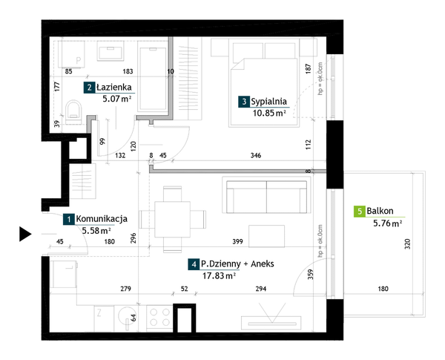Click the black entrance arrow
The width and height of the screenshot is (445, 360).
25,234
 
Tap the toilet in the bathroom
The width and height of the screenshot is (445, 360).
73,112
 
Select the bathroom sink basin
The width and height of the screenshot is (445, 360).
111,51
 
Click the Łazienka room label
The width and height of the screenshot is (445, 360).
113,88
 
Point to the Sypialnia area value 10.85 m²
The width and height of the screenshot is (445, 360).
269,113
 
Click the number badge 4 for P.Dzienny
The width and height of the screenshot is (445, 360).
194,264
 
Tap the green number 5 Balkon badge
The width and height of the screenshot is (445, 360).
360,212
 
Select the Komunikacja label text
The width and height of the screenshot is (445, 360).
102,219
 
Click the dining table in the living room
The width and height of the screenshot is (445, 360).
172,220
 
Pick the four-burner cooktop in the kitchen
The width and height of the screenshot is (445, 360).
159,318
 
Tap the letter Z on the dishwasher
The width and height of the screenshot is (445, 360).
99,313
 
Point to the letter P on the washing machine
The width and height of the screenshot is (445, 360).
79,61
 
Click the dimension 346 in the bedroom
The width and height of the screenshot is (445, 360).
256,155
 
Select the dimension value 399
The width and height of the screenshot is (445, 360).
237,241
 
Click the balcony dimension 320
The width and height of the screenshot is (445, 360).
407,244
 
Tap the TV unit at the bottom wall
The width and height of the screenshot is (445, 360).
271,324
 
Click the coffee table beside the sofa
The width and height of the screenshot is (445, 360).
266,236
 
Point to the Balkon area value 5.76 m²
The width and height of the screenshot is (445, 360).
388,223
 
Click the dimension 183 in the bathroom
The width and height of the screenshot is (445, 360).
128,71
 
